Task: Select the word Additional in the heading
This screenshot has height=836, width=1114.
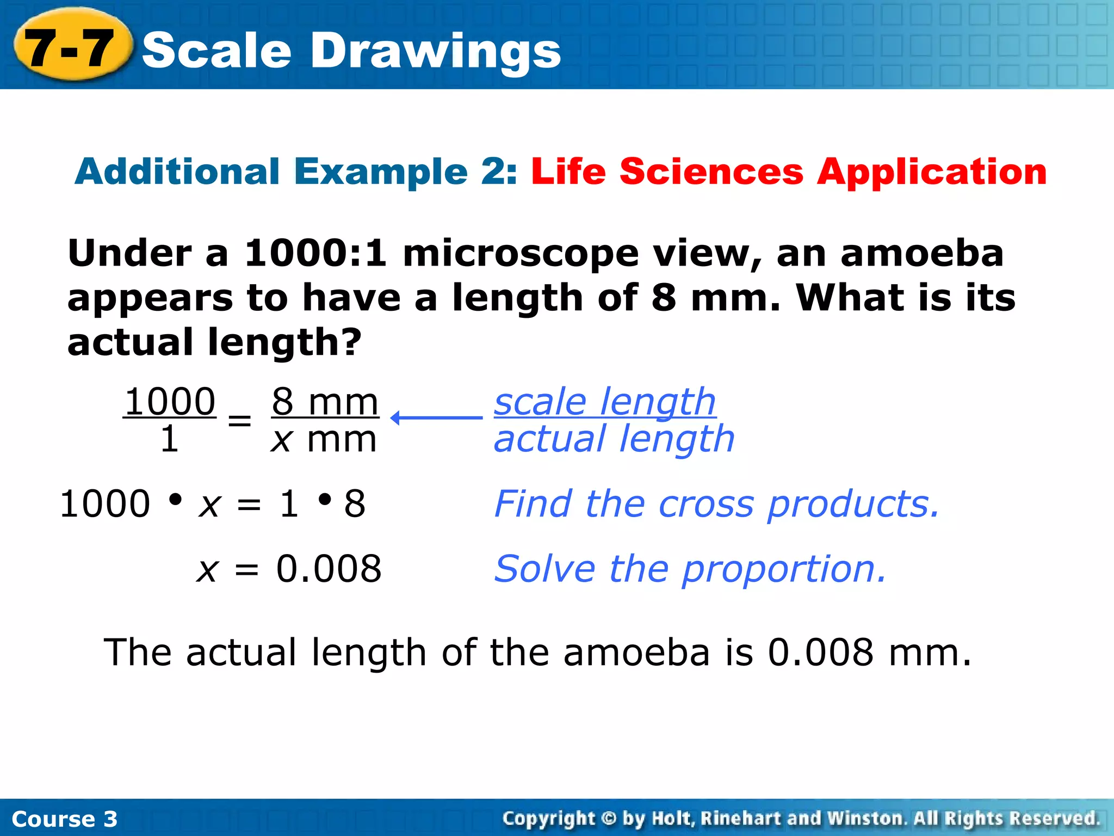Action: coord(177,172)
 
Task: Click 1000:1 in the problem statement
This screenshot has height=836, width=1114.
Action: coord(315,254)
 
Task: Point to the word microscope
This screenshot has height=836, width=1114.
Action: coord(520,255)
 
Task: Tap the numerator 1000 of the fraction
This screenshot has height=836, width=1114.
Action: coord(170,402)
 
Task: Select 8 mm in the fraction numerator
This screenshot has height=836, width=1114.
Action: coord(325,402)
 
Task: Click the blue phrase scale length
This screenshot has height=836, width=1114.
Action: coord(604,402)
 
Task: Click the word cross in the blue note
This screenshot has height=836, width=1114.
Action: coord(705,504)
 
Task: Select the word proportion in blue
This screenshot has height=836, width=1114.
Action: coord(784,569)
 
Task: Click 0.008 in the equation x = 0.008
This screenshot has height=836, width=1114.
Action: coord(329,569)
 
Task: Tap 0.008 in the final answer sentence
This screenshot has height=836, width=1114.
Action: coord(820,652)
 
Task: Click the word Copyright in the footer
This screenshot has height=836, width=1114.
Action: coord(548,819)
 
